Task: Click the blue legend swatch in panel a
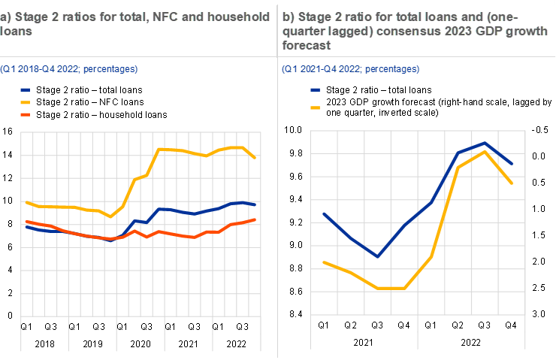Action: coord(26,89)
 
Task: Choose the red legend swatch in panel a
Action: coord(26,114)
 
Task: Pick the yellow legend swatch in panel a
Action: coord(26,101)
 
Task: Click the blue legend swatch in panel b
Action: coord(316,89)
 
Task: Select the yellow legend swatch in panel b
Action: coord(316,107)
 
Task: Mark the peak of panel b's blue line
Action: coord(485,142)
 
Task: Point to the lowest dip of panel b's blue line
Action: coord(377,256)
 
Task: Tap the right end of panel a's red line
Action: coord(256,219)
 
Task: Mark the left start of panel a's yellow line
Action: coord(26,202)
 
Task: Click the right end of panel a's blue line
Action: coord(256,204)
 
